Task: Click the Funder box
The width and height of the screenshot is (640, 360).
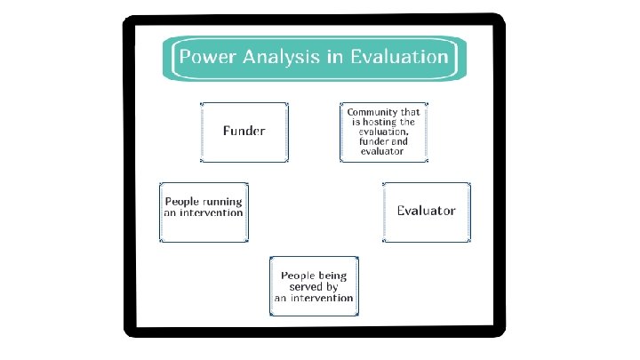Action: click(244, 132)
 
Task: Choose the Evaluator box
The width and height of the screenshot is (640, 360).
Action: click(427, 212)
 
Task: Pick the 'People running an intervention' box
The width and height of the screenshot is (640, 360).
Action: click(204, 212)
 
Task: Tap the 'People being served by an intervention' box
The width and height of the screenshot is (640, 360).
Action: click(315, 286)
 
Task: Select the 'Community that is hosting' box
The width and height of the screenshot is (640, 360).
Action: click(383, 132)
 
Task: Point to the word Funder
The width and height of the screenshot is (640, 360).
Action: click(244, 132)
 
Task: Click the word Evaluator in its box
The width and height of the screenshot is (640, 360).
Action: click(427, 212)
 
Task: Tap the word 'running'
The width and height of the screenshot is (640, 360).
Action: click(221, 202)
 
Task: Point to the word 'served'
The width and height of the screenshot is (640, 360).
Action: click(308, 287)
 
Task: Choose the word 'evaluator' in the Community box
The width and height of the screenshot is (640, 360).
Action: click(383, 151)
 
